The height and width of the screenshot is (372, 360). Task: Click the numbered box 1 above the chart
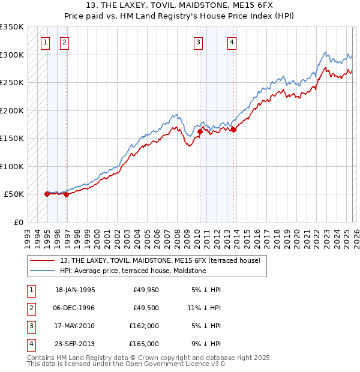click(x=46, y=42)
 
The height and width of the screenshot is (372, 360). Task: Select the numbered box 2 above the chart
click(x=64, y=42)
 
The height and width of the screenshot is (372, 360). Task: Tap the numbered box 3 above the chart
click(x=198, y=42)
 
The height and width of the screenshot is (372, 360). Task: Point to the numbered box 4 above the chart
click(x=232, y=42)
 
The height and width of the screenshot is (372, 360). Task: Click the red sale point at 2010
click(x=200, y=131)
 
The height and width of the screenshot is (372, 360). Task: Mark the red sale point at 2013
click(x=233, y=130)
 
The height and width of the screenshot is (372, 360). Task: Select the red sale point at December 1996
click(x=66, y=194)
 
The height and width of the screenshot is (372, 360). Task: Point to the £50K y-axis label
click(x=13, y=194)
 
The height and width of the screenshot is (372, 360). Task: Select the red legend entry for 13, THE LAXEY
click(x=160, y=261)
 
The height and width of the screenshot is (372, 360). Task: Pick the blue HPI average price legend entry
click(x=133, y=271)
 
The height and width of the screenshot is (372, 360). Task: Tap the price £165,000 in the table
click(x=144, y=344)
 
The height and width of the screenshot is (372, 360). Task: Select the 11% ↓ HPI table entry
click(x=204, y=308)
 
